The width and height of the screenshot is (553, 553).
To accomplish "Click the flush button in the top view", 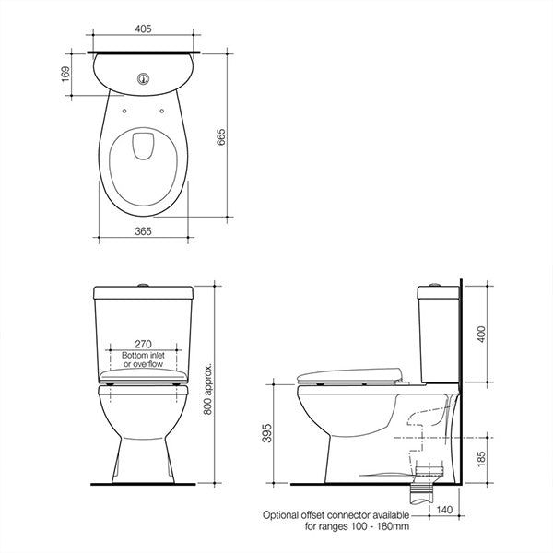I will tap(143, 79).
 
